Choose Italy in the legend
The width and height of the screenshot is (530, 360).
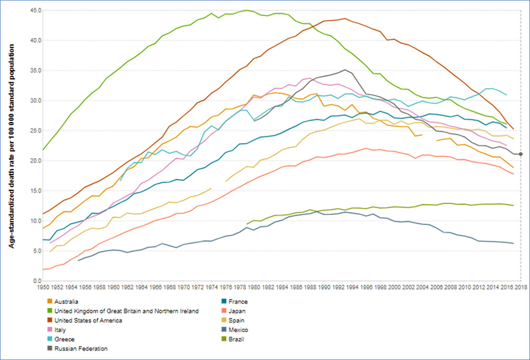pyautogui.click(x=60, y=330)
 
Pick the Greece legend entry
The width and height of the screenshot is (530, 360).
pyautogui.click(x=64, y=339)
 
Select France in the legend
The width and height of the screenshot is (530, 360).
pyautogui.click(x=238, y=301)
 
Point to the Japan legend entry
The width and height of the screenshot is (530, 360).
pyautogui.click(x=237, y=311)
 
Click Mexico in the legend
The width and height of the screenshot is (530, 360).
pyautogui.click(x=238, y=330)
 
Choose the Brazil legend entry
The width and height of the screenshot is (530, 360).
pyautogui.click(x=236, y=339)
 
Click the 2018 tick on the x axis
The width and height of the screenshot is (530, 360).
pyautogui.click(x=520, y=288)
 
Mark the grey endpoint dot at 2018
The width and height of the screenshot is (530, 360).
pyautogui.click(x=520, y=154)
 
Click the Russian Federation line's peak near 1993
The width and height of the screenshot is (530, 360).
pyautogui.click(x=345, y=70)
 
